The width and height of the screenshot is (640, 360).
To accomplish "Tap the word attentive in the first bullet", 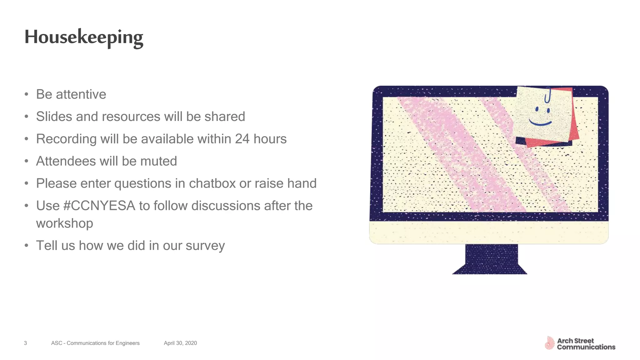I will click(81, 94).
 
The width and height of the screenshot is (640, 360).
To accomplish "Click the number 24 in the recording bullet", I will click(242, 139).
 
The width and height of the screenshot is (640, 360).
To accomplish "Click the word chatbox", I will click(212, 183).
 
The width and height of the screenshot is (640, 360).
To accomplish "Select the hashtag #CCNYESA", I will click(99, 206).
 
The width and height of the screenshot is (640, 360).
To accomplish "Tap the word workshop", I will click(64, 223).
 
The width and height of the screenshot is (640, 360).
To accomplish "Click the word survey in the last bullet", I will click(205, 246).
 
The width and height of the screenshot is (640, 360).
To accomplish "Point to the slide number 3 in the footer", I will click(25, 343).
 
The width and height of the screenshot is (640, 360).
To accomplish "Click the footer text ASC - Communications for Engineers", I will click(95, 343).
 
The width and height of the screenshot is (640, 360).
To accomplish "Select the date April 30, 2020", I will click(180, 343).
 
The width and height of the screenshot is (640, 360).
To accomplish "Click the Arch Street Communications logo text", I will click(586, 344).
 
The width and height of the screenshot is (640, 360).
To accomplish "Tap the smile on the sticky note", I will click(540, 122).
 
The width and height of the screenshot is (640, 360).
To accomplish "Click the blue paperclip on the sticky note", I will click(547, 95).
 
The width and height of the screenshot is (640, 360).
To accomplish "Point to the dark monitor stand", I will click(491, 259).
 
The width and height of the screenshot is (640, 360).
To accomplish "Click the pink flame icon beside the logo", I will click(549, 343).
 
